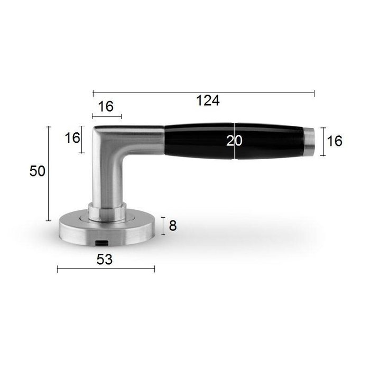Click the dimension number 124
click(x=208, y=101)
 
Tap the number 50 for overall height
click(x=38, y=171)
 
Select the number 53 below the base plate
click(x=105, y=259)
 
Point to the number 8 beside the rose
click(x=172, y=226)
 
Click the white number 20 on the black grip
click(x=234, y=141)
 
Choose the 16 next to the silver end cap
click(x=335, y=141)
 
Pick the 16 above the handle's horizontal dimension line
click(x=106, y=106)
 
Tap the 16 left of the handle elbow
click(x=72, y=138)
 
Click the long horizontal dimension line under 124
click(x=203, y=93)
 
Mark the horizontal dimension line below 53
click(x=106, y=269)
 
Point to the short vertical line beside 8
click(x=163, y=226)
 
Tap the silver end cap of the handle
click(x=312, y=142)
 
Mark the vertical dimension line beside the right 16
click(x=322, y=142)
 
